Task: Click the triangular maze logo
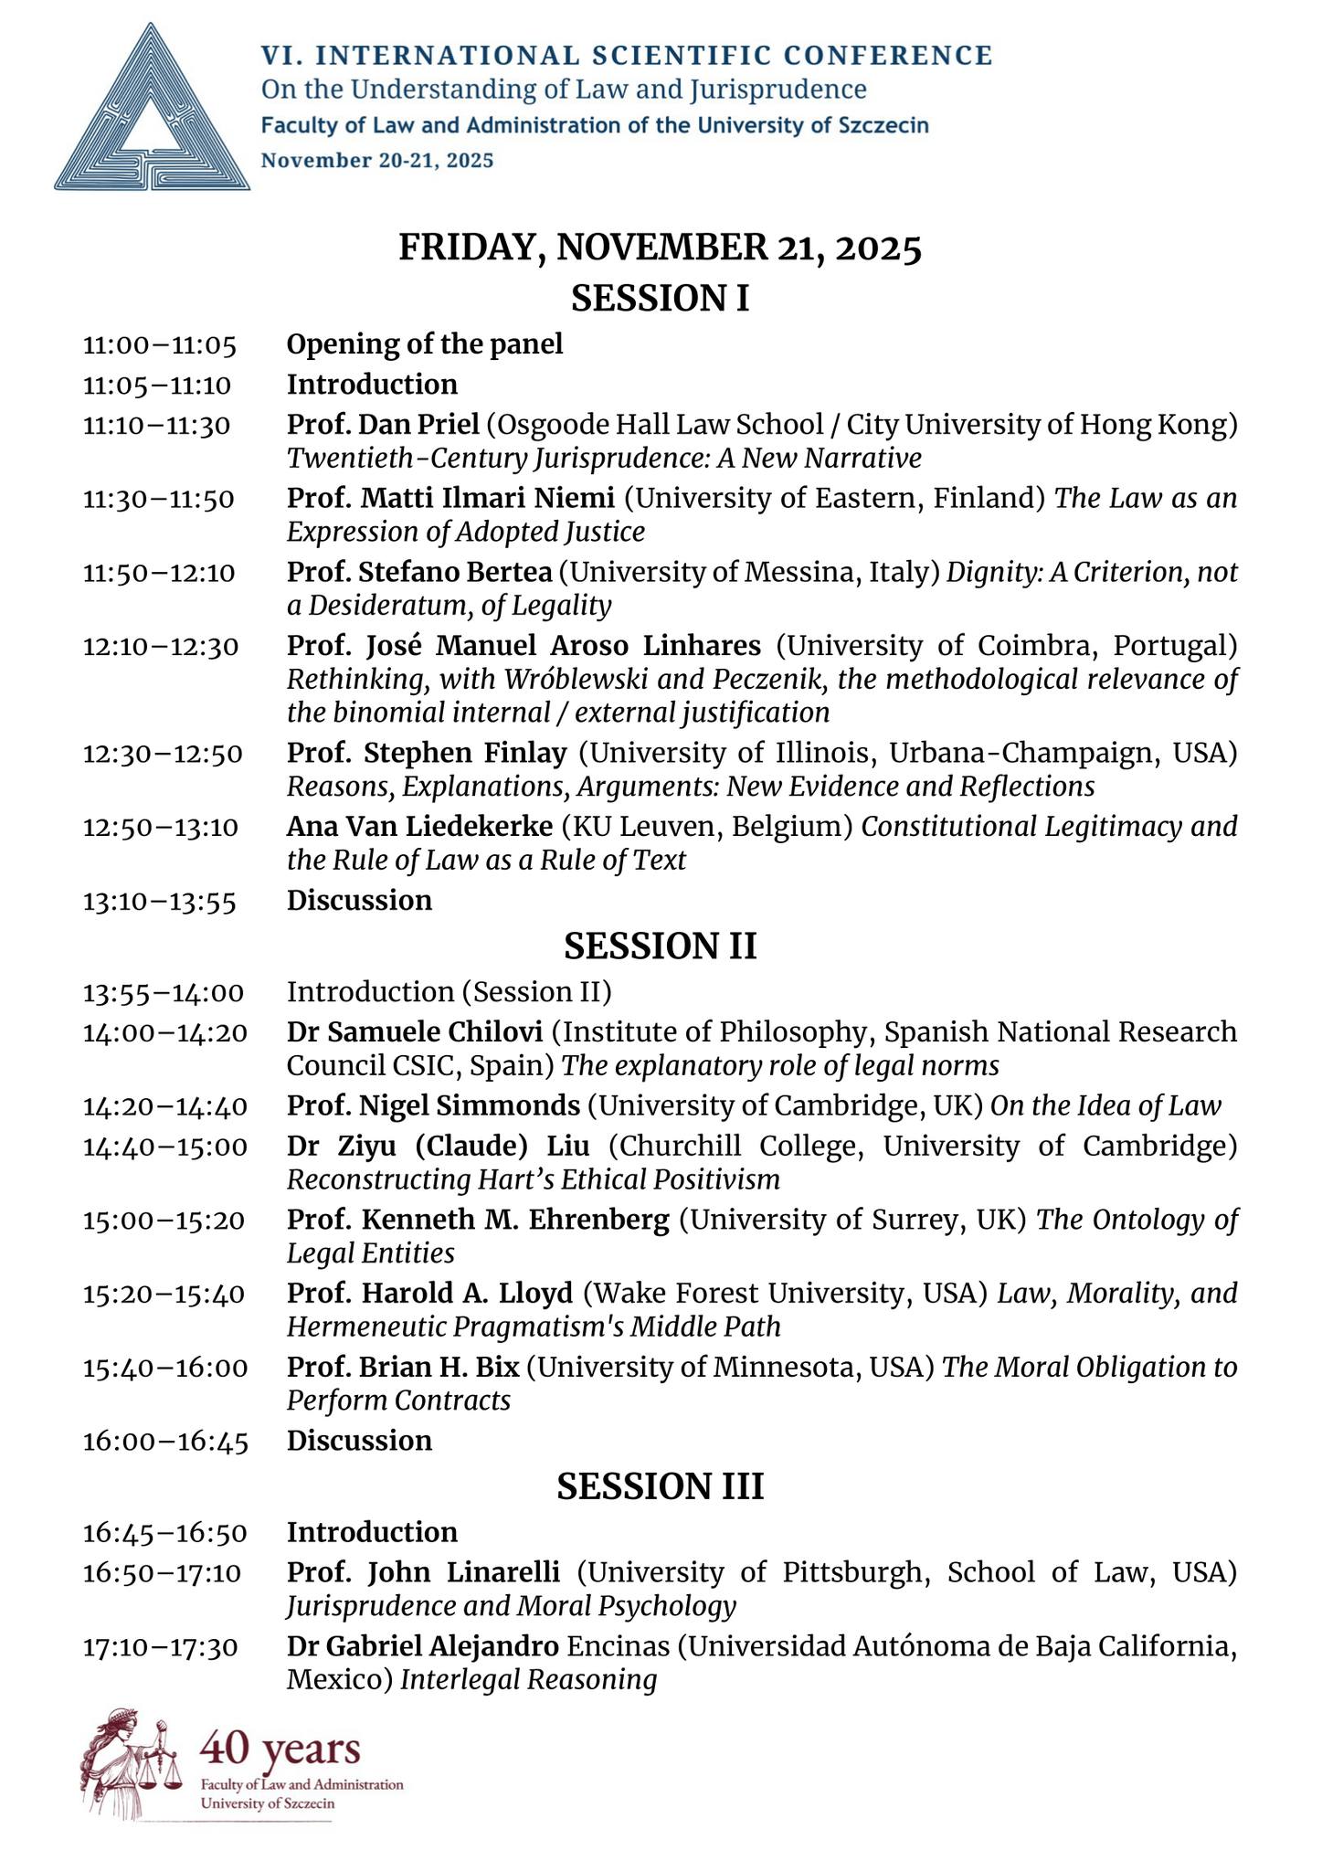[152, 110]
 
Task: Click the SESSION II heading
[660, 946]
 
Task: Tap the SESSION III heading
[660, 1486]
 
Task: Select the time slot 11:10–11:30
[156, 425]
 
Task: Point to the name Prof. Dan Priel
[383, 425]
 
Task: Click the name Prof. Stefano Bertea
[419, 572]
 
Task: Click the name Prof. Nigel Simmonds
[433, 1105]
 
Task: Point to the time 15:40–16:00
[164, 1368]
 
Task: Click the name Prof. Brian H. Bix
[403, 1368]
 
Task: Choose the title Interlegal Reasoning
[528, 1680]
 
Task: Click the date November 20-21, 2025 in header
[377, 161]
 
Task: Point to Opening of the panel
[425, 344]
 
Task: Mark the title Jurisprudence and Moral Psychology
[512, 1606]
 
